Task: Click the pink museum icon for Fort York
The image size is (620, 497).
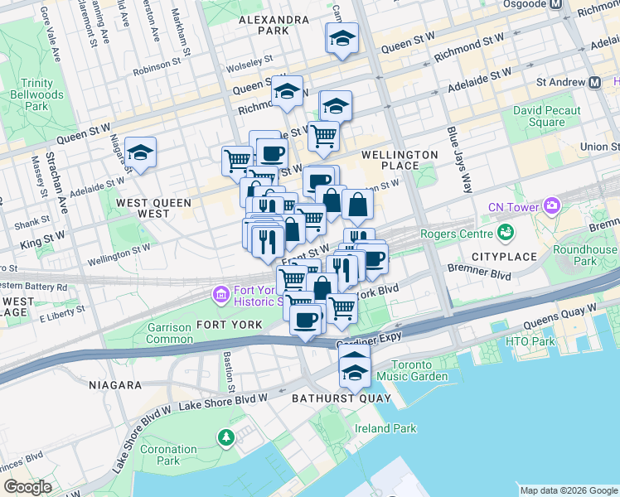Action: click(x=220, y=294)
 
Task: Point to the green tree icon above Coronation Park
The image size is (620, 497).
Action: click(x=225, y=436)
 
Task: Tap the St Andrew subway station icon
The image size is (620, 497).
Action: click(x=594, y=82)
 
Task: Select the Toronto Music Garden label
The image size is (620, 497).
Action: click(x=419, y=370)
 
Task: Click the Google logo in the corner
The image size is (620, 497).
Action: click(x=27, y=487)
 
